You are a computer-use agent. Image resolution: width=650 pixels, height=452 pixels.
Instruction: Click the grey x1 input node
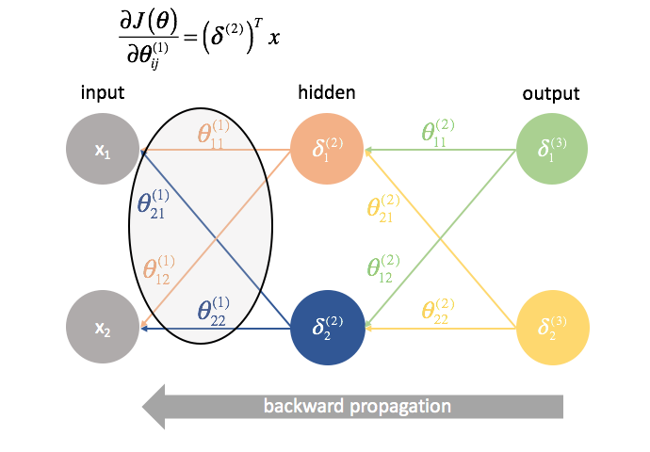coord(103,150)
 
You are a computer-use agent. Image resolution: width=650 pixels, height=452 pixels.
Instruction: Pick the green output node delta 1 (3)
coord(552,150)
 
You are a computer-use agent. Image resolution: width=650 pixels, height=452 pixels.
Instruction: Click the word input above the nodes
coord(103,93)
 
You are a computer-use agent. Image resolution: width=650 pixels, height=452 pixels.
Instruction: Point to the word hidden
coord(326,93)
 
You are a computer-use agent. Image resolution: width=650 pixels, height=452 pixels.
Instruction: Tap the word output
coord(551,93)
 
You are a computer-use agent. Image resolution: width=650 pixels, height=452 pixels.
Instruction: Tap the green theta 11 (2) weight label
coord(441,133)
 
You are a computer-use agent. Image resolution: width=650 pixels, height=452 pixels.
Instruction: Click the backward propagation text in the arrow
coord(357,407)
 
